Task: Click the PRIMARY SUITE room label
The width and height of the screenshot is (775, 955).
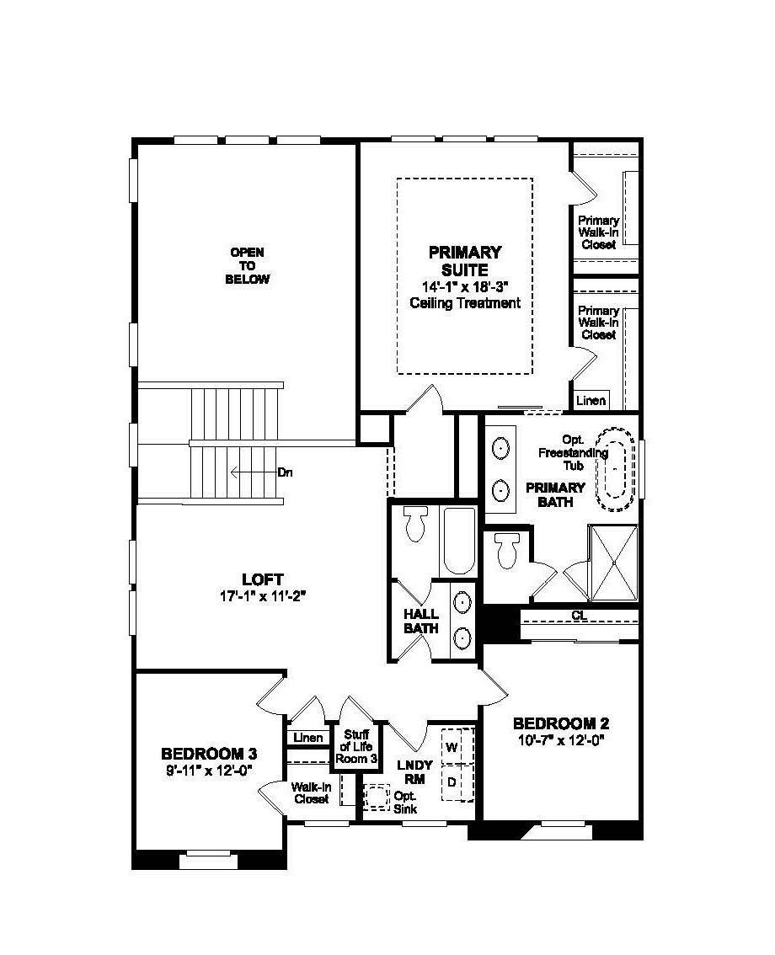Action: click(x=464, y=261)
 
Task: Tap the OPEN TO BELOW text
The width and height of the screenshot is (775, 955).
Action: click(x=248, y=265)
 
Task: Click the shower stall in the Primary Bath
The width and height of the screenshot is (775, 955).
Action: click(x=613, y=563)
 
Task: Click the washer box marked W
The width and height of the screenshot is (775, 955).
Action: click(x=452, y=747)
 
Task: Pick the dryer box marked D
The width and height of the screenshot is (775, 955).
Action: click(x=452, y=782)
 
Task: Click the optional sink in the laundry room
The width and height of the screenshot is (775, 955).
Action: click(x=376, y=798)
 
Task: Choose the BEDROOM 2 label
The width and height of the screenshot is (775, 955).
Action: click(x=561, y=723)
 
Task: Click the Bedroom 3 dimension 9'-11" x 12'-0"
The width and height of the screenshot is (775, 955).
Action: click(x=209, y=769)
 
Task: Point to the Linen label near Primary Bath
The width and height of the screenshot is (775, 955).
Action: click(x=591, y=401)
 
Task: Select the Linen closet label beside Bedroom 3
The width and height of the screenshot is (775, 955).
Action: click(x=308, y=738)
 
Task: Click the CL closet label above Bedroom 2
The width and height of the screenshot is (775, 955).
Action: click(x=579, y=616)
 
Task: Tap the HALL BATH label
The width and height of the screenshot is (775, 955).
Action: click(x=421, y=622)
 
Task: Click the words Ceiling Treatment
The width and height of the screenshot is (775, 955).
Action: click(x=465, y=303)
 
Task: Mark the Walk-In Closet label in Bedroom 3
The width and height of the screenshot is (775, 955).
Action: click(x=311, y=793)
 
